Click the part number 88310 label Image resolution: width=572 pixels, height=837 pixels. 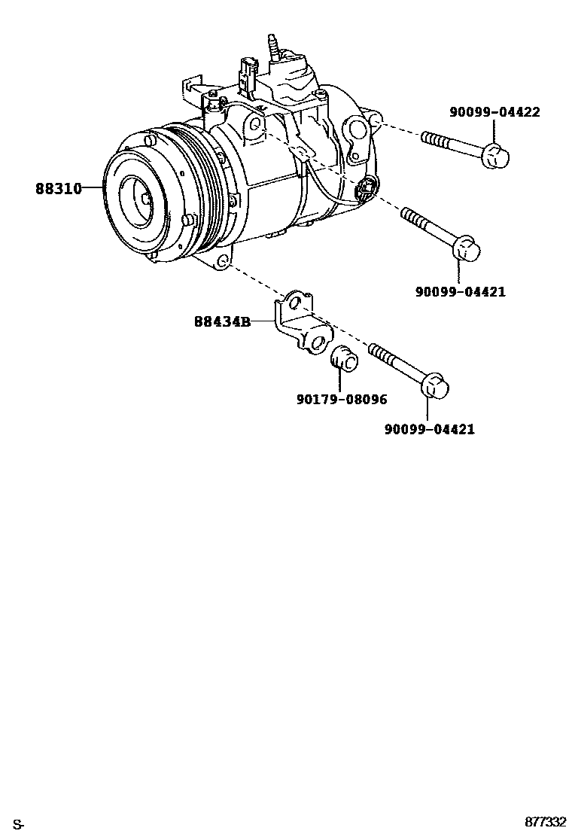tap(58, 188)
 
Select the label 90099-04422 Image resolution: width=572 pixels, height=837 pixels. tap(494, 113)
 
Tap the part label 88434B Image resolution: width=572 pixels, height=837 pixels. tap(222, 321)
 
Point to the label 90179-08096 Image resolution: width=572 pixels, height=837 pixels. tap(342, 400)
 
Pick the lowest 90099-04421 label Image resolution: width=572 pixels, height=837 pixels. tap(429, 430)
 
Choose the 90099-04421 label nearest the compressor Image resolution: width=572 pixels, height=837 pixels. tap(460, 291)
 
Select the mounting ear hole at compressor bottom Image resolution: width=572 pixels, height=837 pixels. tap(223, 262)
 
